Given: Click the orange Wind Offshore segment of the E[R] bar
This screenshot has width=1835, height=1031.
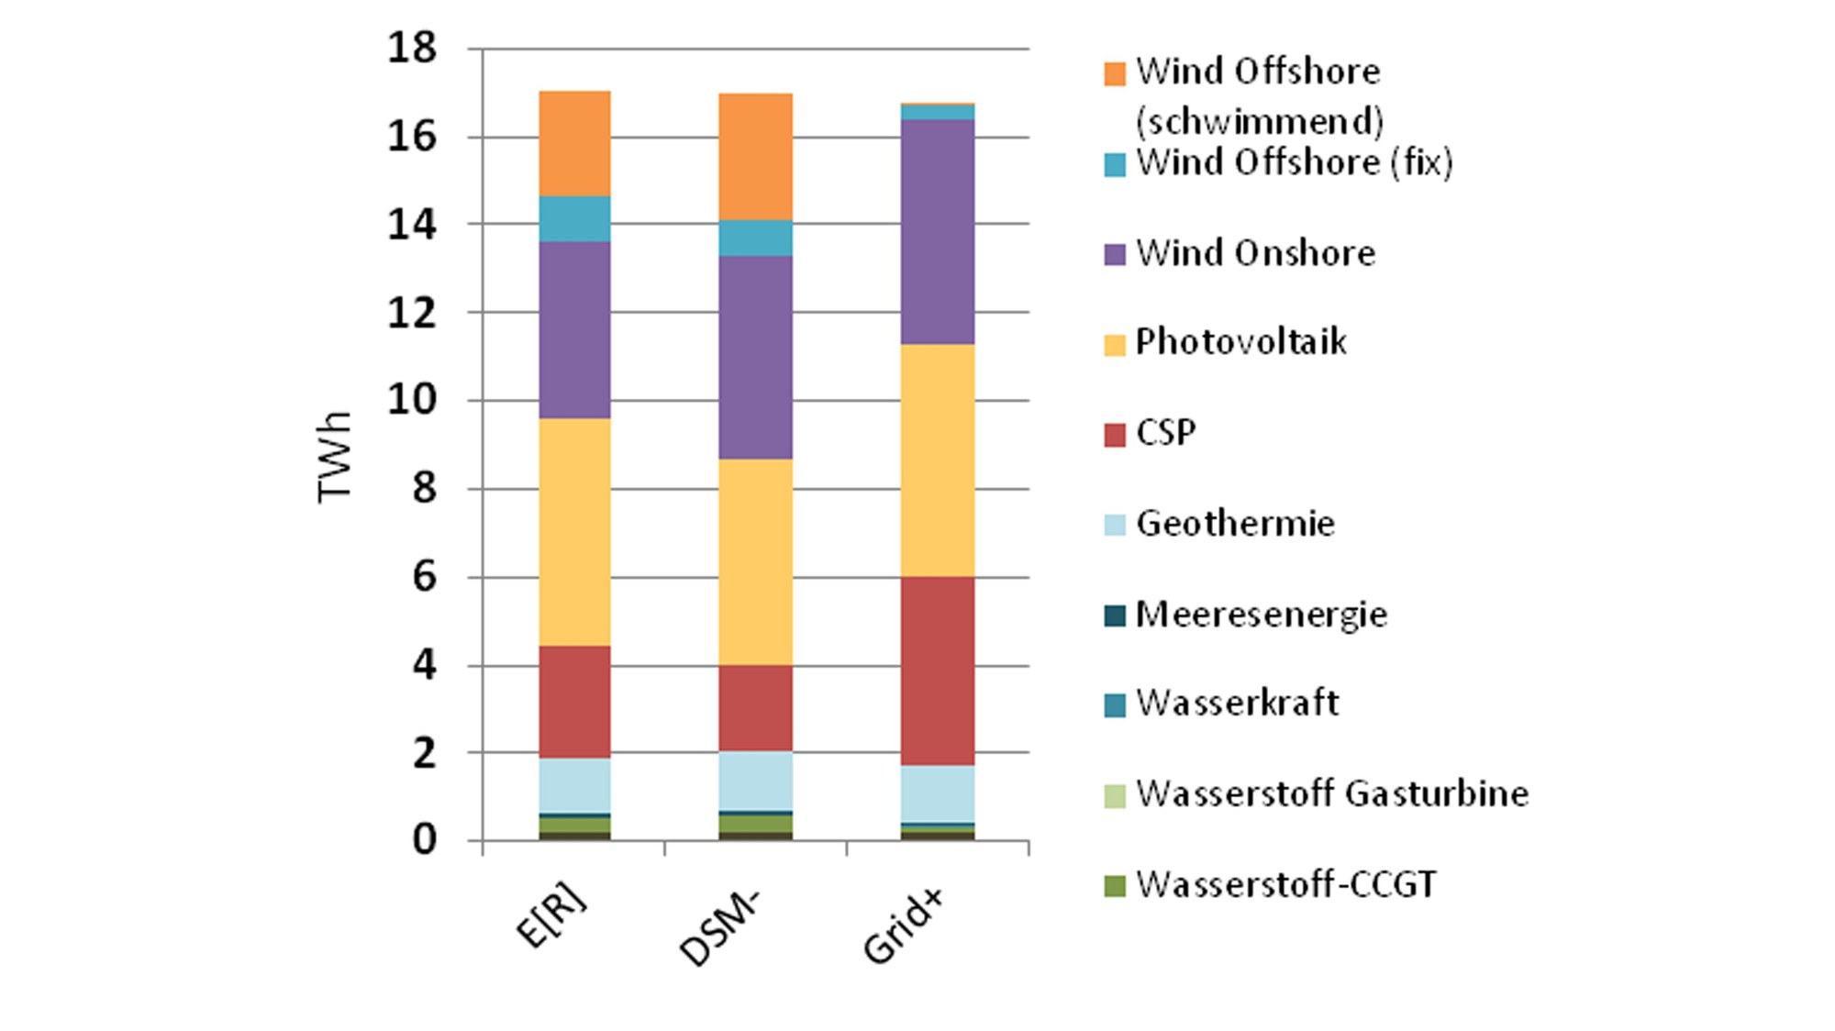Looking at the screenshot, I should pos(574,143).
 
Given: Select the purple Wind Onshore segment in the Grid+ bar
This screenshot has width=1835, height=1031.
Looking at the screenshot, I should pos(937,231).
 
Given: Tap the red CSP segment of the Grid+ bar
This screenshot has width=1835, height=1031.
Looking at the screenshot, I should pos(937,671).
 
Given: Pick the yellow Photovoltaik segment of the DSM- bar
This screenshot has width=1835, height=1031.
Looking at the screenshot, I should pos(755,561).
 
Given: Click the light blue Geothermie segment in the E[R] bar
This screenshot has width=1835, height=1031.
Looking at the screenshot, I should pos(574,785).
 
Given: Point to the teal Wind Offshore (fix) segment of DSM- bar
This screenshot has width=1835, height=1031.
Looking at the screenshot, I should pos(755,238).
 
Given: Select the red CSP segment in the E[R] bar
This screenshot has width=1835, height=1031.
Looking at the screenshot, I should pos(574,702).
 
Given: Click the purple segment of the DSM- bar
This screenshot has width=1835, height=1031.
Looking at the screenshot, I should pos(755,357).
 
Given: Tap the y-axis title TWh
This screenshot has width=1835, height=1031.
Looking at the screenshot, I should pos(335,457).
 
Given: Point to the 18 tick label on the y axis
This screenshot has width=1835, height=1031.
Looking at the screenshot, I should pos(412,48).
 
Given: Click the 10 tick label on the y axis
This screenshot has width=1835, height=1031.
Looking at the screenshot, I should pos(412,400).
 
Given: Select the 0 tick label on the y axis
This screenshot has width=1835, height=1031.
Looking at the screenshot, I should pos(423,839).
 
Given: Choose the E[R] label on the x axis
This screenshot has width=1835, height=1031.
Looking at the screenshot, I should pos(552,917).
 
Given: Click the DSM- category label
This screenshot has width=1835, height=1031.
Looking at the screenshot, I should pos(721,928).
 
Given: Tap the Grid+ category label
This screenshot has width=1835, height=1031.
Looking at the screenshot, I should pos(905,926).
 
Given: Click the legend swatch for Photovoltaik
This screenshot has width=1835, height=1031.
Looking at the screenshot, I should pos(1115,345).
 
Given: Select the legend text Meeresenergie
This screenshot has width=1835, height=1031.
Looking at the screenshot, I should pos(1262,615).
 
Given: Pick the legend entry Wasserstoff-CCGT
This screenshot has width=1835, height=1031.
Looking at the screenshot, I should pos(1285,885).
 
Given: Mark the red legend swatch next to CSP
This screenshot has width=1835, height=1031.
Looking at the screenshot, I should pos(1115,435).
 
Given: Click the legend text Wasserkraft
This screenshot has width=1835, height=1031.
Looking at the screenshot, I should pos(1237,704).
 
